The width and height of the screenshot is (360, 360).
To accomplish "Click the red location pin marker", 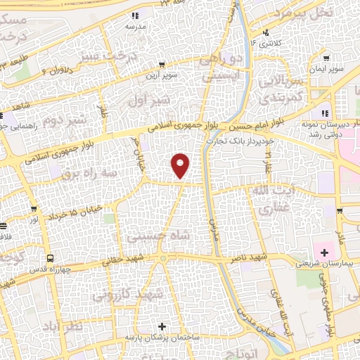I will (181, 165).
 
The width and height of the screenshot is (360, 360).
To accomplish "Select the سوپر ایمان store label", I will (328, 70).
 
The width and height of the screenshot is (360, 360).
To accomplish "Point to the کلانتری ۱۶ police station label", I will (269, 44).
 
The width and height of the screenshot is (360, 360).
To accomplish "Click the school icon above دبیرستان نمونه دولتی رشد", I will (324, 113).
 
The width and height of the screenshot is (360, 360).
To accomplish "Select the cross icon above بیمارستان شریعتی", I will (324, 252).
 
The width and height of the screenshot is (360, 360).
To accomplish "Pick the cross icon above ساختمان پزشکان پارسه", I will (163, 326).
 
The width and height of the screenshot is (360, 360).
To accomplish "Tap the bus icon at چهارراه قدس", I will (50, 257).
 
